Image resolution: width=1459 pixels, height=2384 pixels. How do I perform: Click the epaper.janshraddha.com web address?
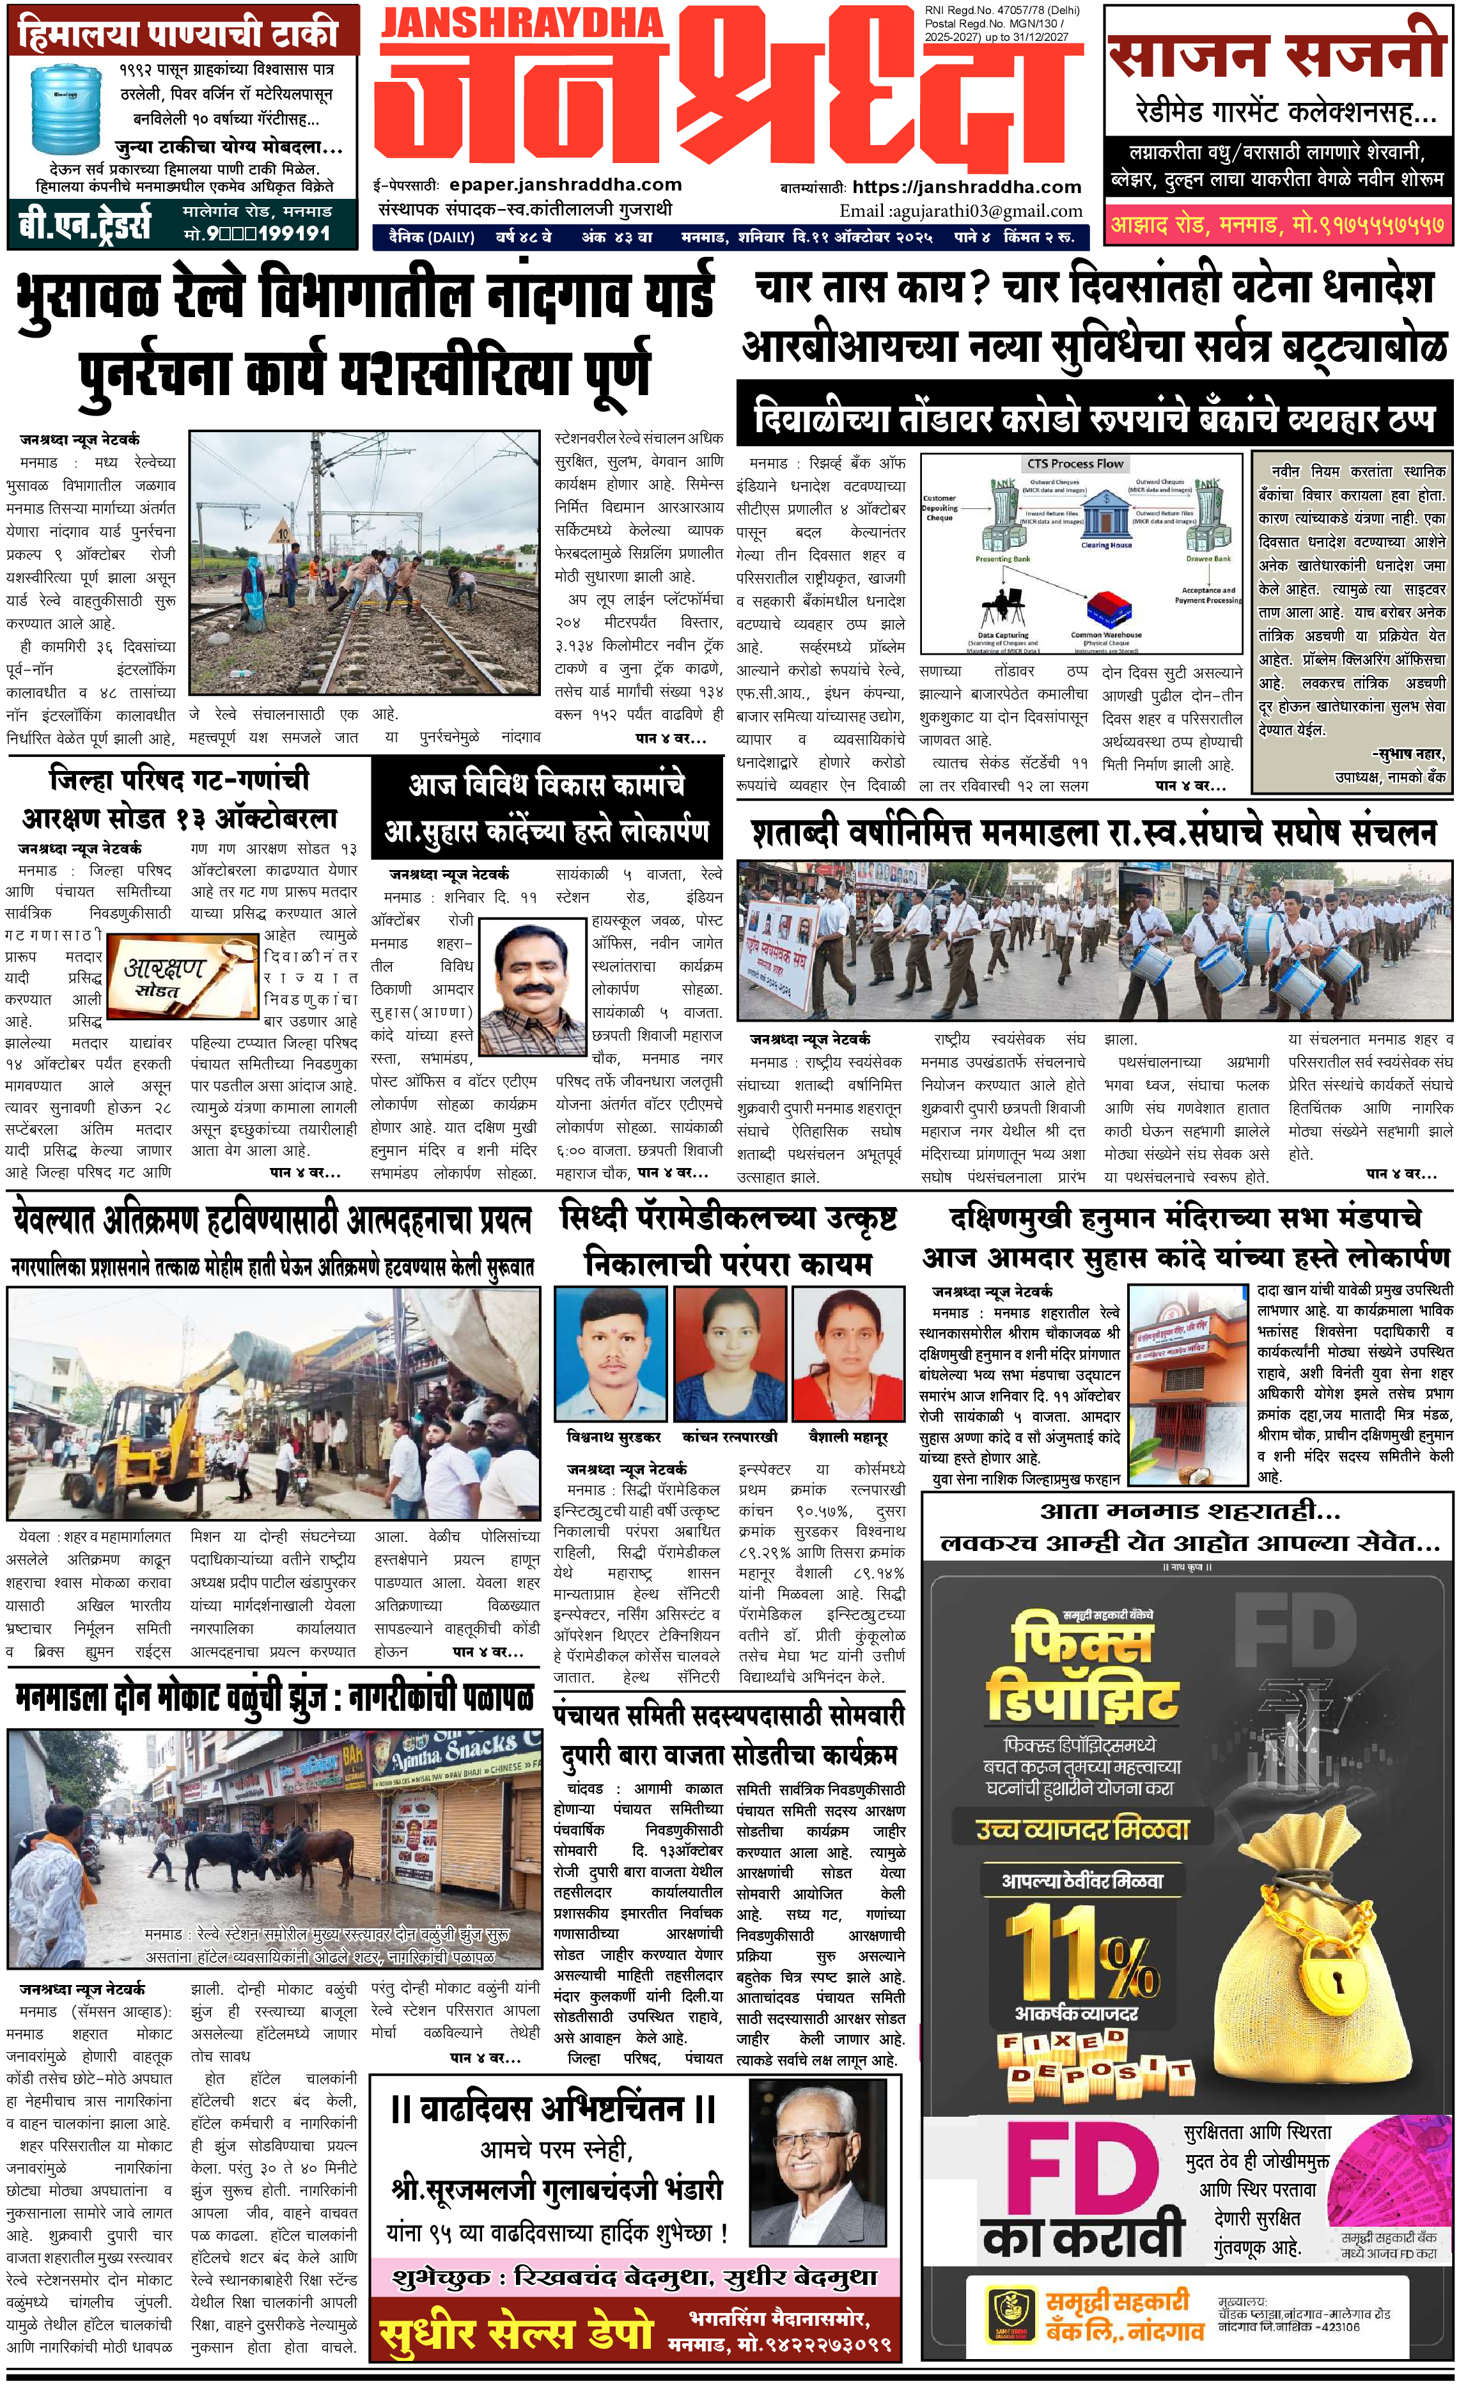tap(565, 185)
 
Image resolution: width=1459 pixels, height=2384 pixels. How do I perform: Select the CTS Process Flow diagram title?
tap(1075, 464)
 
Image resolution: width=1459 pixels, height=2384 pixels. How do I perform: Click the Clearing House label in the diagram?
tap(1106, 545)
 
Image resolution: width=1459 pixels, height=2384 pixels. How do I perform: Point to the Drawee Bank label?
tap(1208, 558)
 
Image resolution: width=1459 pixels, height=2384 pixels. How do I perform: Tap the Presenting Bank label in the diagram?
tap(1003, 558)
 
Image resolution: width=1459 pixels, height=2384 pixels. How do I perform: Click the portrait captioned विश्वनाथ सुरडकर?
tap(611, 1355)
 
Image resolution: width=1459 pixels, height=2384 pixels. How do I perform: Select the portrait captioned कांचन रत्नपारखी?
tap(729, 1355)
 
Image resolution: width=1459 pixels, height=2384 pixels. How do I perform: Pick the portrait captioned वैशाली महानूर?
tap(848, 1355)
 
